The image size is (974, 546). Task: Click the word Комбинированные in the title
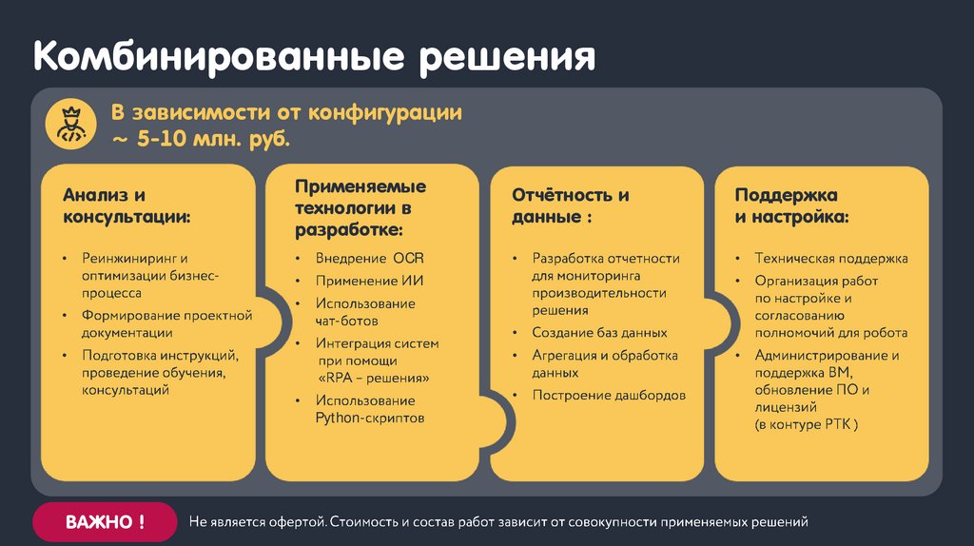(215, 56)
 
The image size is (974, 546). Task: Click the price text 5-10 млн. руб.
(214, 139)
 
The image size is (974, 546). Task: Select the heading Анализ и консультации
(127, 205)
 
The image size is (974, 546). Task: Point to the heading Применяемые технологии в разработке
(360, 207)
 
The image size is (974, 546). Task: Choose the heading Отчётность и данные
(570, 205)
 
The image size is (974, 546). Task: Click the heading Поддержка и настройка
(791, 205)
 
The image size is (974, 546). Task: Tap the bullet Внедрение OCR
(369, 259)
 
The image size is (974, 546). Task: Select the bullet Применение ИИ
(369, 281)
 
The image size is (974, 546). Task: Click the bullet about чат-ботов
(365, 311)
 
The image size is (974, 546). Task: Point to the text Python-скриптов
(369, 418)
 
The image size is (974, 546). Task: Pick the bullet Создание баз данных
(599, 333)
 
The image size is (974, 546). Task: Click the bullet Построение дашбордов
(609, 395)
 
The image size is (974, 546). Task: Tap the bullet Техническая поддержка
(830, 259)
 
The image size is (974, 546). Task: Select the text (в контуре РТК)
(807, 424)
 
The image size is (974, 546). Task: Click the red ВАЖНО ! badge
(105, 522)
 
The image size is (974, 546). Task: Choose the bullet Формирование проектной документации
(166, 323)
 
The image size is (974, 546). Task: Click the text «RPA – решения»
(372, 378)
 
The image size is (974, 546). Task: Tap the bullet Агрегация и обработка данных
(605, 363)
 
